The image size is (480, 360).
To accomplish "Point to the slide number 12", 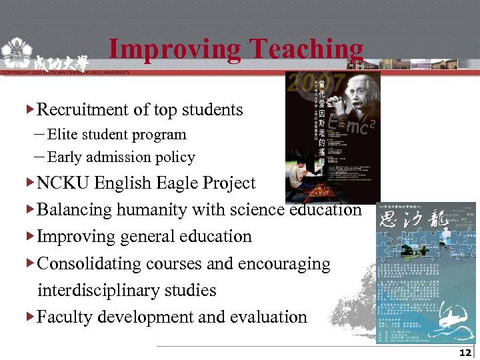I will [x=465, y=353].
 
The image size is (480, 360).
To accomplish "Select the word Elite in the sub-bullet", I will [x=62, y=135].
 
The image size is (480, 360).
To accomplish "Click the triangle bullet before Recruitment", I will [x=30, y=108].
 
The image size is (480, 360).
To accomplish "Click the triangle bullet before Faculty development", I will [x=30, y=316].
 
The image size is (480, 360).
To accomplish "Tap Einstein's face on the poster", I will [x=353, y=93].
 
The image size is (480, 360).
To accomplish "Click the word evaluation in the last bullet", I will [x=269, y=317].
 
